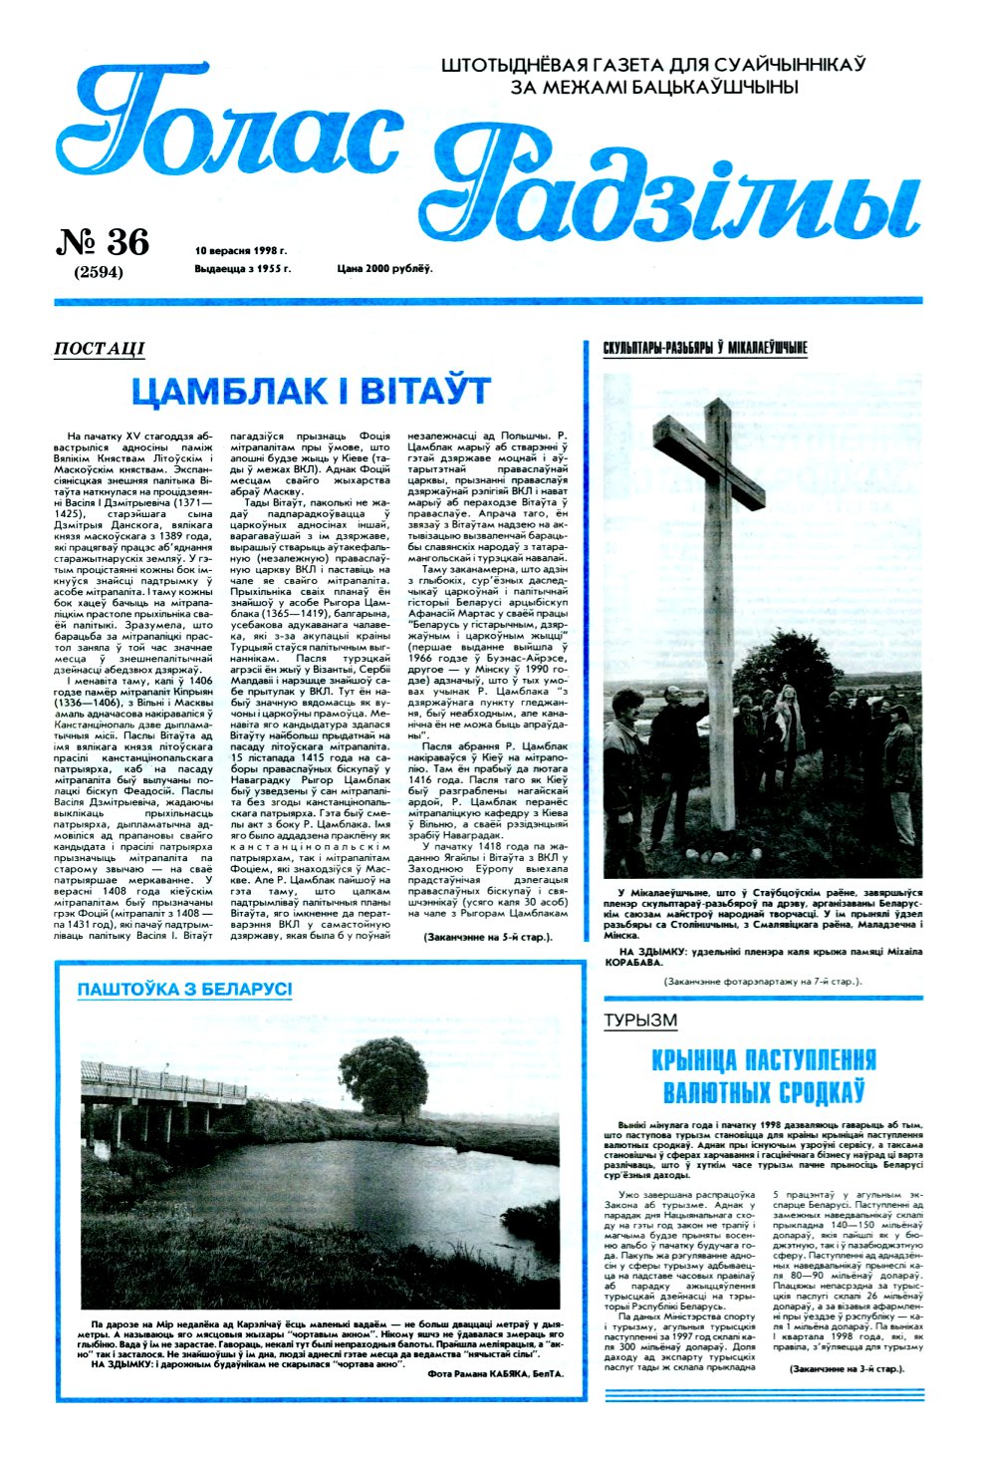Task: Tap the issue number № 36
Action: (103, 242)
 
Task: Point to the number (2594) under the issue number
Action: (99, 272)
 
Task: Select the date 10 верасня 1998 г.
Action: (241, 250)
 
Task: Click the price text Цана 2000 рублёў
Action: (384, 269)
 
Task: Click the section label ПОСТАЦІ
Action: (99, 348)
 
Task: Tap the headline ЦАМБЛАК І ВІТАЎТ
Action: (311, 391)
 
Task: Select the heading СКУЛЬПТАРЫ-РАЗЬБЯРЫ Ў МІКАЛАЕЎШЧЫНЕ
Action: (704, 348)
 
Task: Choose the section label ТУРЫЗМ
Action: (640, 1020)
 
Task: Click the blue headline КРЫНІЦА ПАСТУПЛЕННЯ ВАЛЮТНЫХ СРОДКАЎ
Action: (763, 1074)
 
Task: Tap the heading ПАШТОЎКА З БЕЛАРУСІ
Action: (185, 990)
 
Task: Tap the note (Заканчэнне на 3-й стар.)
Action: (846, 1369)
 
